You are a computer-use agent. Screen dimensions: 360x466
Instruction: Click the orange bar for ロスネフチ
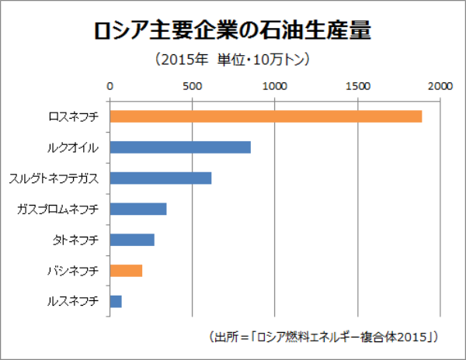(266, 116)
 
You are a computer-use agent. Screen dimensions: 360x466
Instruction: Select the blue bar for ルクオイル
(180, 147)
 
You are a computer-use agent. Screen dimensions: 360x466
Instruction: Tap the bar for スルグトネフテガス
(161, 178)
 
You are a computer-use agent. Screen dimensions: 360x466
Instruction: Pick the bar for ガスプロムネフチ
(138, 209)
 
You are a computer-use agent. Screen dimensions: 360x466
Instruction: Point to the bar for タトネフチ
(132, 240)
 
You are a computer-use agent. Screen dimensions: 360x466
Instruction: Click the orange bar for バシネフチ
(126, 270)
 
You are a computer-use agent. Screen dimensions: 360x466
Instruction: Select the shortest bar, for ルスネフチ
(116, 301)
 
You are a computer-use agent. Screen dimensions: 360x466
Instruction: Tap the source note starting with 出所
(325, 337)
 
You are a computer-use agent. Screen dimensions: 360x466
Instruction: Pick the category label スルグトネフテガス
(54, 178)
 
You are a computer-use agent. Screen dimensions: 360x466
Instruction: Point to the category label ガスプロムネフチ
(58, 209)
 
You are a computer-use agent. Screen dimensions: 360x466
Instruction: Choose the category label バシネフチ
(73, 270)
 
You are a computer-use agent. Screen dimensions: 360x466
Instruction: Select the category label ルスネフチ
(73, 301)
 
